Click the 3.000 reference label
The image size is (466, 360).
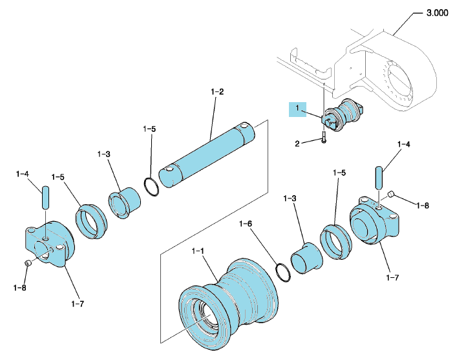437,13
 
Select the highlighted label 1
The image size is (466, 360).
297,109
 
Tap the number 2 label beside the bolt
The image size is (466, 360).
297,144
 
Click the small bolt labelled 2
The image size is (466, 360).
324,137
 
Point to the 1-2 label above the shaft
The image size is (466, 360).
217,92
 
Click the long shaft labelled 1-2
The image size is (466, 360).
207,154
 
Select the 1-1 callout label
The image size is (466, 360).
198,251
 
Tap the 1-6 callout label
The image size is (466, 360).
246,224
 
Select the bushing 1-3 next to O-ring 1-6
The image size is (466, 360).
306,258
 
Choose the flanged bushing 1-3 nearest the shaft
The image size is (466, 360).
124,203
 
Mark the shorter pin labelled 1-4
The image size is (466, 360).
45,198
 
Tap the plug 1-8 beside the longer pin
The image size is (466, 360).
390,195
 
